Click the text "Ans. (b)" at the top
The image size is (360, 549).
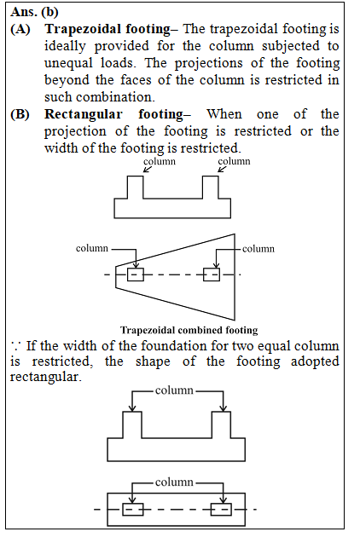[x=34, y=12]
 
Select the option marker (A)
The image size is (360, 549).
[x=20, y=29]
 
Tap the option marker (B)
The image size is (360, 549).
[x=20, y=114]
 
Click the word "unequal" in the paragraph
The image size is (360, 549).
[x=68, y=63]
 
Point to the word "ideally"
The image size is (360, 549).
[x=65, y=46]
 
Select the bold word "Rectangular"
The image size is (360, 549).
[x=84, y=114]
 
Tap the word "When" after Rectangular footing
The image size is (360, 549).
[x=224, y=114]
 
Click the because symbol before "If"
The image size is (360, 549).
[x=15, y=347]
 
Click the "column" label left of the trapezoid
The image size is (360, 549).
[x=92, y=248]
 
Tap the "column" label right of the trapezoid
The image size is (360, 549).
[x=258, y=249]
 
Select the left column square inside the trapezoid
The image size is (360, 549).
[x=136, y=274]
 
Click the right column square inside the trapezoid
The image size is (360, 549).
[x=212, y=274]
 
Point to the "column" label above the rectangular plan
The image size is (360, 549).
[x=174, y=483]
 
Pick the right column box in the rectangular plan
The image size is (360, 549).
[x=221, y=510]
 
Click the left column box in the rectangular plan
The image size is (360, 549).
[x=133, y=510]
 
